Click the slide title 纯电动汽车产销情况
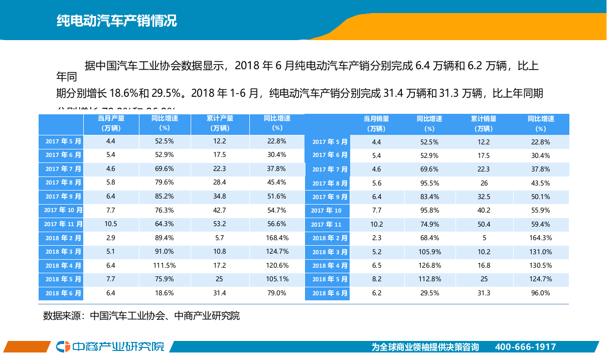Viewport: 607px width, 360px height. click(x=116, y=21)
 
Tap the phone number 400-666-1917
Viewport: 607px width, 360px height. click(x=525, y=347)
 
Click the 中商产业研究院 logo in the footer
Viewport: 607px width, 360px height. click(x=110, y=346)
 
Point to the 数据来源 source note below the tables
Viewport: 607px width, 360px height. click(x=141, y=316)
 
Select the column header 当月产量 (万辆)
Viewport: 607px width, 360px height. click(x=111, y=123)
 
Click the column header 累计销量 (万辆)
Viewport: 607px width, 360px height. click(x=484, y=124)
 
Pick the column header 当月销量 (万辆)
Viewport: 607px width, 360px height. click(x=376, y=124)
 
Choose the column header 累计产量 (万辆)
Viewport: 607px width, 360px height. click(x=220, y=123)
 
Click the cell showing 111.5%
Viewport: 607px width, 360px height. click(x=165, y=265)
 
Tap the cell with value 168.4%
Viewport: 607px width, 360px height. click(x=276, y=238)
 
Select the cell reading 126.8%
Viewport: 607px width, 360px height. click(x=429, y=266)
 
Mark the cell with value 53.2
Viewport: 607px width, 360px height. click(x=220, y=224)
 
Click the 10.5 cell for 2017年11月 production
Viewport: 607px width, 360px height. click(x=111, y=224)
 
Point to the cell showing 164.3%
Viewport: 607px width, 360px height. click(x=540, y=238)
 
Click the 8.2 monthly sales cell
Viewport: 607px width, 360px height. click(x=377, y=279)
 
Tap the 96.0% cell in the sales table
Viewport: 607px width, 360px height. click(x=540, y=293)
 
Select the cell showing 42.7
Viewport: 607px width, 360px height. click(x=220, y=210)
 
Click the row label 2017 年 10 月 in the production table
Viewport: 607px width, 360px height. click(x=63, y=210)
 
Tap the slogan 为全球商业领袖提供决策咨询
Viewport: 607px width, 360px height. click(x=425, y=347)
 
